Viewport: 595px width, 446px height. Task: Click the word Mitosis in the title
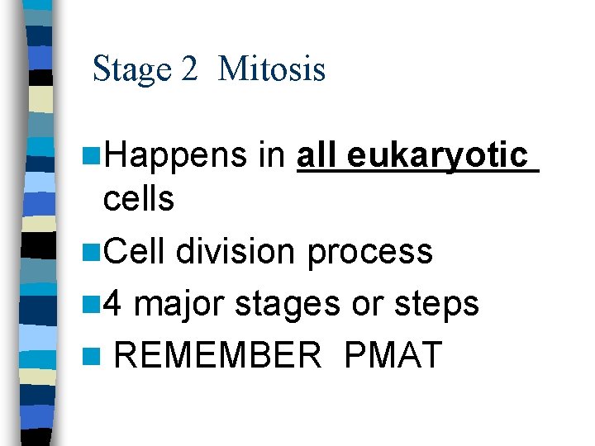(x=272, y=69)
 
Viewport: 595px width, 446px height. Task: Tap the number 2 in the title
(x=190, y=69)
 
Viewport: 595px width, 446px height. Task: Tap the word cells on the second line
(x=139, y=199)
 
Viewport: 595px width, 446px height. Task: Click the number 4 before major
(x=113, y=303)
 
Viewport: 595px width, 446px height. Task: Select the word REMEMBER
(x=217, y=355)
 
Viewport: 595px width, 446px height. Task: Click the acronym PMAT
(x=393, y=355)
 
